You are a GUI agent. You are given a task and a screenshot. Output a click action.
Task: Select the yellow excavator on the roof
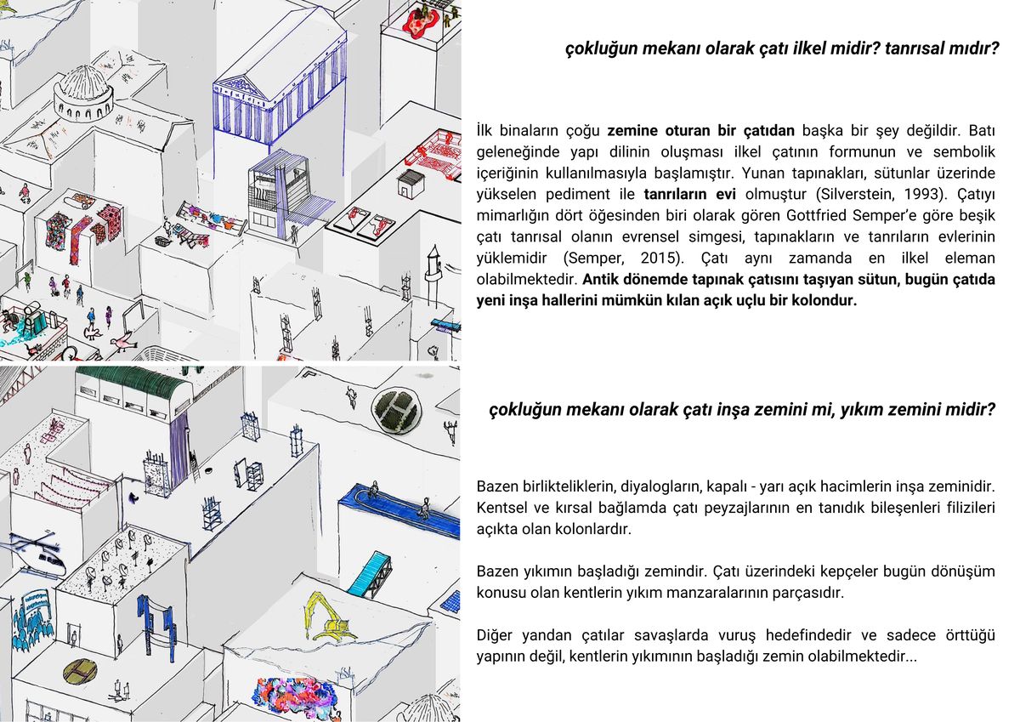[331, 613]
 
